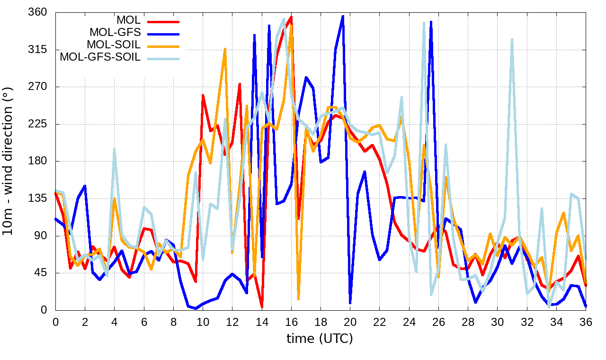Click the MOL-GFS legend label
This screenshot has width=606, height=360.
click(115, 33)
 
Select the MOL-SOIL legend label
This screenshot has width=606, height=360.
click(114, 45)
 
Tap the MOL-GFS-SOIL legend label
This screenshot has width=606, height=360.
click(100, 57)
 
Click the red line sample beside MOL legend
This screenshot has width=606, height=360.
click(163, 21)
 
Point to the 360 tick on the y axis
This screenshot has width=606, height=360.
click(39, 12)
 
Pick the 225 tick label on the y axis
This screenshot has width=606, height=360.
click(39, 124)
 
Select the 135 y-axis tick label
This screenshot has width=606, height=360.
click(39, 198)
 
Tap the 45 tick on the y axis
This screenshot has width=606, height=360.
click(42, 273)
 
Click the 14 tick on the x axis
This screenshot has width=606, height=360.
click(262, 322)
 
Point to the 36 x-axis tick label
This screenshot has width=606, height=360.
click(586, 322)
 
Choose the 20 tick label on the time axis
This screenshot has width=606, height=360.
click(350, 322)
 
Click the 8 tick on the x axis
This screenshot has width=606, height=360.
click(173, 322)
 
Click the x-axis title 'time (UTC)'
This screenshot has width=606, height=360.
click(320, 339)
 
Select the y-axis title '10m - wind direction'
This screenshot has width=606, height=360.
click(8, 161)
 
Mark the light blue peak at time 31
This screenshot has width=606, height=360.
click(512, 40)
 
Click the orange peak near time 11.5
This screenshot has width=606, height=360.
click(225, 49)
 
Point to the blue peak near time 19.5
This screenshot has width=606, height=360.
click(343, 16)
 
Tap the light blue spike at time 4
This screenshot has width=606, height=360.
click(114, 149)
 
